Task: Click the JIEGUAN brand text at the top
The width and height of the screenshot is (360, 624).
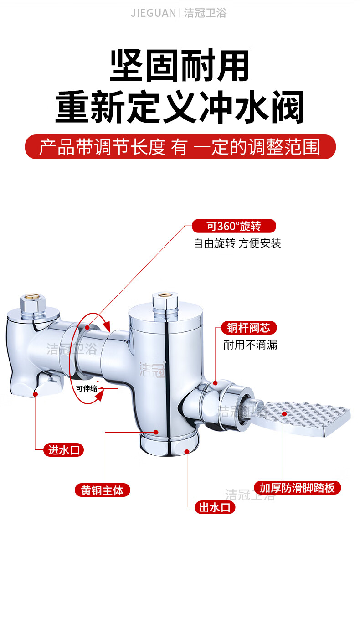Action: point(154,13)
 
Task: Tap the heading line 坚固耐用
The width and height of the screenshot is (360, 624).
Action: point(180,66)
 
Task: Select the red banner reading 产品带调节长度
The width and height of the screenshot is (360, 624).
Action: point(180,147)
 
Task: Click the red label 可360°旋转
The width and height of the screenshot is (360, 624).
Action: point(234,226)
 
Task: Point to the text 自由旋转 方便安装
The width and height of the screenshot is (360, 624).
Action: point(237,243)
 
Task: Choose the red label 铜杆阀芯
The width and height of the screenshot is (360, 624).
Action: point(249,328)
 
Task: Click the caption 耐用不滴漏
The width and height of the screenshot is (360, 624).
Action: point(250,345)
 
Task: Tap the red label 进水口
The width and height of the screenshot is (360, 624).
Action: point(64,450)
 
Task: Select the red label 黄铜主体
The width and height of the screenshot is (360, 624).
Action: point(102,490)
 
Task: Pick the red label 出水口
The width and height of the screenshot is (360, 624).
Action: point(215,507)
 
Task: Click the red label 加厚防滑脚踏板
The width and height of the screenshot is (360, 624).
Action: point(298,488)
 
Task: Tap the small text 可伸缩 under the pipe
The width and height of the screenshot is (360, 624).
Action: point(87,388)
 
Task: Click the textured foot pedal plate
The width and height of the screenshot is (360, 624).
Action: point(301,418)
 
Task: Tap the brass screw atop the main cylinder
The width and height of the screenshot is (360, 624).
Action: point(165,295)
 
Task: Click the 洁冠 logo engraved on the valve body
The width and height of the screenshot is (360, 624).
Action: point(152,370)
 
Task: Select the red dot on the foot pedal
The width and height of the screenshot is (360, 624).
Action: point(284,414)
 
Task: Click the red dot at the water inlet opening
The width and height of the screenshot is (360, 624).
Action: point(36,394)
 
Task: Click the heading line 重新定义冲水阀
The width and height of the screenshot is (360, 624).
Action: point(180,107)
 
